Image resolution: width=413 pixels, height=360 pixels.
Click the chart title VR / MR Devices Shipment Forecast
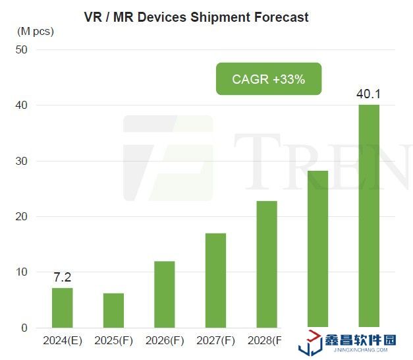pos(196,17)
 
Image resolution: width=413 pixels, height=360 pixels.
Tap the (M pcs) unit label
pos(35,31)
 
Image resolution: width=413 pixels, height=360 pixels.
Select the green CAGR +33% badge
pos(268,79)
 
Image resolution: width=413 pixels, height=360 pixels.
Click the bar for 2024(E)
pos(62,308)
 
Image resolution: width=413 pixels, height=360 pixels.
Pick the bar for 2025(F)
pos(113,311)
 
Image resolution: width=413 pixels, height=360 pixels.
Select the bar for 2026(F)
pos(164,295)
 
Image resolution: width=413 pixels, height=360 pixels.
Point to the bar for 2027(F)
pos(215,280)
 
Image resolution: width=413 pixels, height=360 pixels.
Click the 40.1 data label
pos(368,94)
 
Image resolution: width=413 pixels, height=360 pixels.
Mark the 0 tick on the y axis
pos(24,328)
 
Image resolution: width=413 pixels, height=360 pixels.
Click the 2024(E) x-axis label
pos(62,341)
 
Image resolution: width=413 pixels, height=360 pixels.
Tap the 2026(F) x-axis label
pos(164,341)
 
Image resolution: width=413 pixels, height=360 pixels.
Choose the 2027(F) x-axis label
pos(215,341)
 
